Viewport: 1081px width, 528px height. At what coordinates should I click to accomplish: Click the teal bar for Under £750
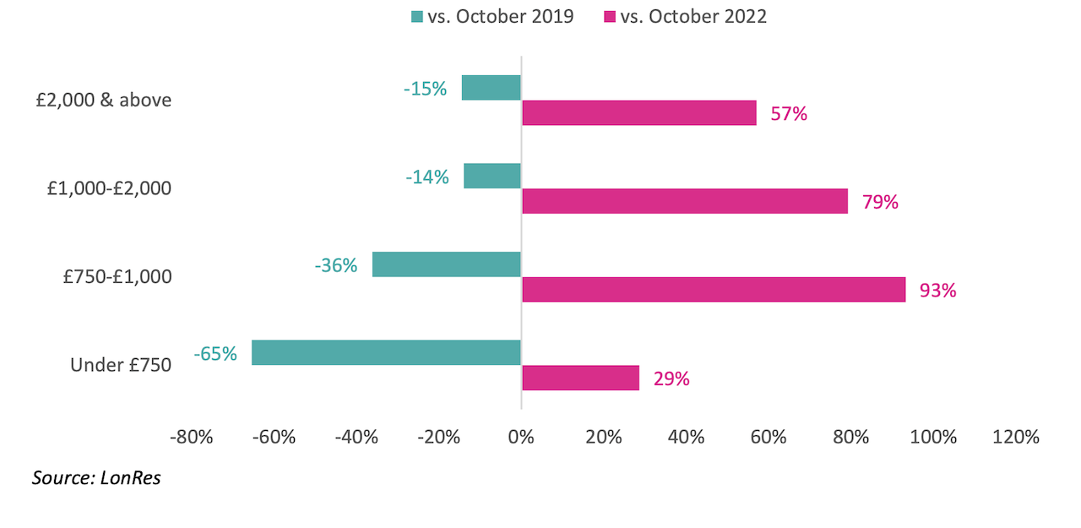386,352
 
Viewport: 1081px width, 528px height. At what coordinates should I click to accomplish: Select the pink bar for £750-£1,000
714,289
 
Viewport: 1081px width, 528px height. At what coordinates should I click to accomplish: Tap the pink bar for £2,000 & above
639,112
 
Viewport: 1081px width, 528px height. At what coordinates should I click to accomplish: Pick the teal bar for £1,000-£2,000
492,176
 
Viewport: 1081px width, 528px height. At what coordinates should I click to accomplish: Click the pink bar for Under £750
580,378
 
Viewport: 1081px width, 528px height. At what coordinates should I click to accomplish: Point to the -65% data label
215,353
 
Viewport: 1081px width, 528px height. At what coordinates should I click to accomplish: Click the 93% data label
938,291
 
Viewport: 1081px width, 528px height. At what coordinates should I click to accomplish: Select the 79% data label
880,202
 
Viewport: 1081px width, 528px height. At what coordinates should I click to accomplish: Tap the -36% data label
336,265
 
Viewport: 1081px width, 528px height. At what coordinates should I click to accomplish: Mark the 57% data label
789,113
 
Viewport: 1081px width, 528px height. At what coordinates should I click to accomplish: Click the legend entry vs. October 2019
492,16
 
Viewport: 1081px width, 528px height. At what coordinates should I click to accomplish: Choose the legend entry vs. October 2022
685,16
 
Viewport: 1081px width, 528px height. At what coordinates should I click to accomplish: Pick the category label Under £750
121,365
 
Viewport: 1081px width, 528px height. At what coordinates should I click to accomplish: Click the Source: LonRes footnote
96,477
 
